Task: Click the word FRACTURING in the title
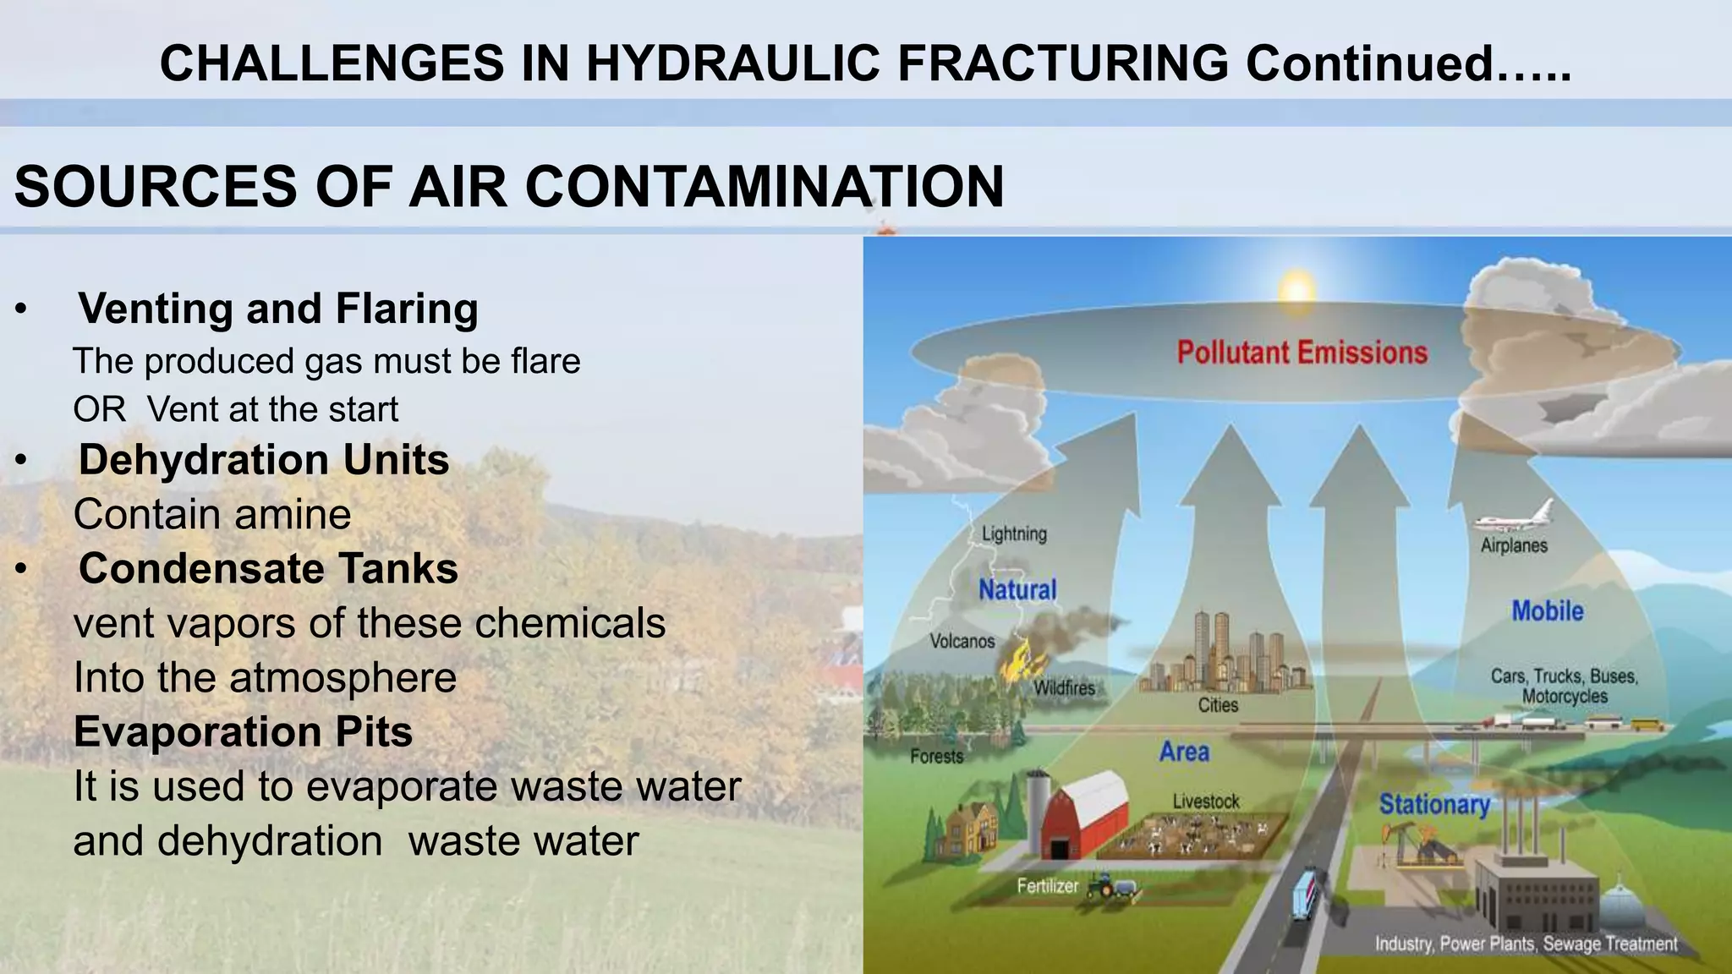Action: (1062, 63)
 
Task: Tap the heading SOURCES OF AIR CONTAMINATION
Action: (509, 187)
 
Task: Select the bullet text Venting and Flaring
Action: (278, 308)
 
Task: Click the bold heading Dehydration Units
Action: (264, 460)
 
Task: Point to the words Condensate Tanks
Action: (268, 568)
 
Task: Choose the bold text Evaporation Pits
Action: (244, 731)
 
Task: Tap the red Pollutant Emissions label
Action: (1302, 353)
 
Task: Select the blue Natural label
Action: (1017, 589)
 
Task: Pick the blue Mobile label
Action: (1547, 610)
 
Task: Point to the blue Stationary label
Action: (1434, 803)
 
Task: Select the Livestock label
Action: (1206, 801)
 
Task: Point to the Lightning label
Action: (1014, 534)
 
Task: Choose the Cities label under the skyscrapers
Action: (1218, 705)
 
